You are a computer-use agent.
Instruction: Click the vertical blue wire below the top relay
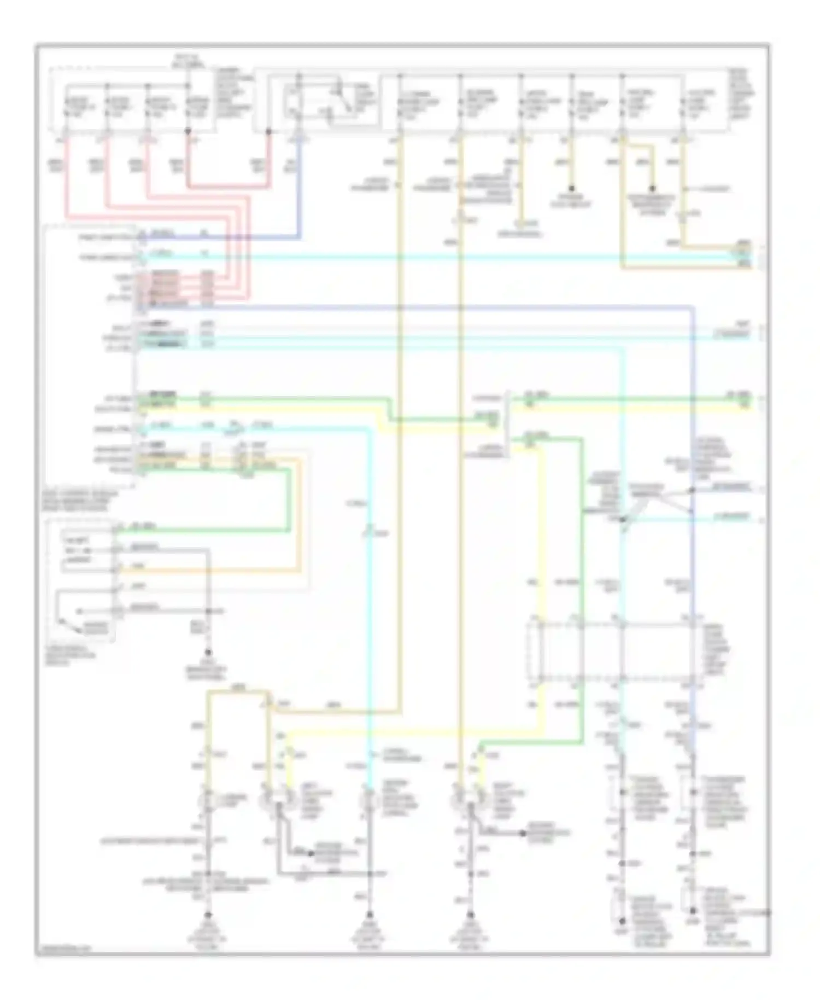pyautogui.click(x=299, y=186)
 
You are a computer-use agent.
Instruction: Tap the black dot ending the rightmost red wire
pyautogui.click(x=268, y=132)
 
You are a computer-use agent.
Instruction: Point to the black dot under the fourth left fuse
pyautogui.click(x=188, y=132)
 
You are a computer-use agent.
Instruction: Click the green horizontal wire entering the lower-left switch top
pyautogui.click(x=202, y=530)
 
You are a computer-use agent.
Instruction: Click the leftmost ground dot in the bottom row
pyautogui.click(x=208, y=915)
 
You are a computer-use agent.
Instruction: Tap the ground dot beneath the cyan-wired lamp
pyautogui.click(x=370, y=915)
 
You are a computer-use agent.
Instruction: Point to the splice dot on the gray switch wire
pyautogui.click(x=208, y=611)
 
